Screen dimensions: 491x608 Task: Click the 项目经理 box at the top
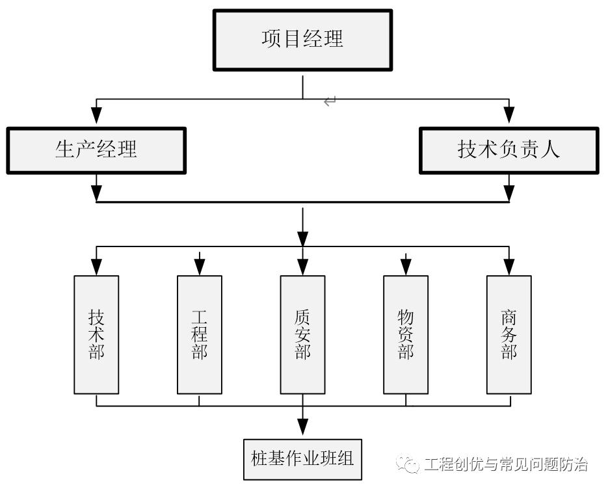302,40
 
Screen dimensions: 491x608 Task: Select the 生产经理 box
96,150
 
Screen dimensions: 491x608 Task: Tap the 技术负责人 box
509,150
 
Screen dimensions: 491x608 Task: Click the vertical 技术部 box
96,335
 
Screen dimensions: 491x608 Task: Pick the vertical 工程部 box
200,335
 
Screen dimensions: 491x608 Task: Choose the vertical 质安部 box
302,335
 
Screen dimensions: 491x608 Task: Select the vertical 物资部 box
406,335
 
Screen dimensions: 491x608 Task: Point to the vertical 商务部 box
509,335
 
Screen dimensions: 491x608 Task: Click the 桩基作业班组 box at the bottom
302,458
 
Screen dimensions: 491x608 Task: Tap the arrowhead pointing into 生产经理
96,115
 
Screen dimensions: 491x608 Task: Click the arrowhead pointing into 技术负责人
509,115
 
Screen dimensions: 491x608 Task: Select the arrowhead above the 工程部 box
200,265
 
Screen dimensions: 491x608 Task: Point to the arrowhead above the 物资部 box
406,265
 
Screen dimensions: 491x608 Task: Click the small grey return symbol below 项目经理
330,101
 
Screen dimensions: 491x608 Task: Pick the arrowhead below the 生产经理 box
96,192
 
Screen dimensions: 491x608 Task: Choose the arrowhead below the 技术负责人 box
509,192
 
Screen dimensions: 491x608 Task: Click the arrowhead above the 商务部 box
509,265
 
